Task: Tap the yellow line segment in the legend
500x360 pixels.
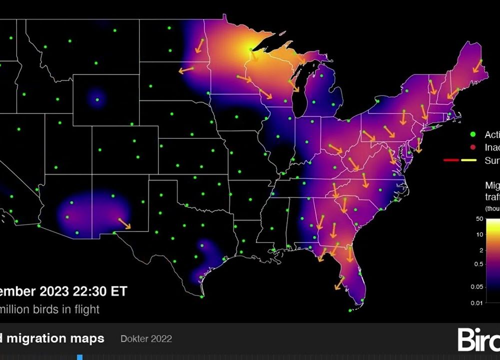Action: (468, 160)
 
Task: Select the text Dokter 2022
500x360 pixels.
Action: (146, 338)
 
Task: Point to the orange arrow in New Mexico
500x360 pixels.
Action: (124, 223)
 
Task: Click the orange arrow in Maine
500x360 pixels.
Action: (477, 66)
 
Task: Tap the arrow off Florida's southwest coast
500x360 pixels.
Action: (339, 283)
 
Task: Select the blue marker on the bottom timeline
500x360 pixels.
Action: (79, 357)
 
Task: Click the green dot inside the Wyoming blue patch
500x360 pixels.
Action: (97, 99)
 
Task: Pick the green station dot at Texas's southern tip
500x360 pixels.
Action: (202, 296)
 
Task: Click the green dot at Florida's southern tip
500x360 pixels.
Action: (362, 300)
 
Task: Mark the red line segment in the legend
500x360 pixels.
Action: (451, 160)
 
